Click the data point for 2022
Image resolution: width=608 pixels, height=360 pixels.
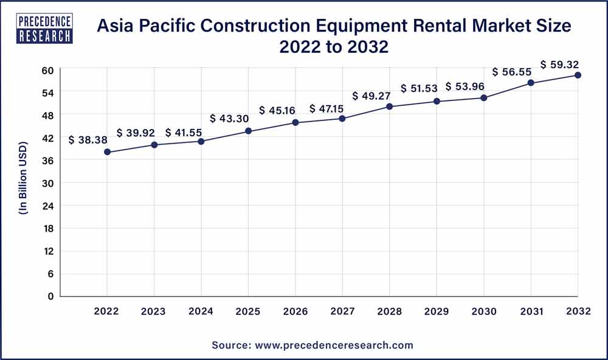(107, 152)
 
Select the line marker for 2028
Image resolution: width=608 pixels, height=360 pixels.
(390, 106)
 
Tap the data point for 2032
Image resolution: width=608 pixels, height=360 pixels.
(578, 75)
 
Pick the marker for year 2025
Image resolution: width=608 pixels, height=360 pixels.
(249, 131)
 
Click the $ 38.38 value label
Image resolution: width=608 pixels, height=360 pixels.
(88, 140)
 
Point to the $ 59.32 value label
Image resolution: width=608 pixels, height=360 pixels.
(561, 63)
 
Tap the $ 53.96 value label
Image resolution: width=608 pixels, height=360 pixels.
(466, 86)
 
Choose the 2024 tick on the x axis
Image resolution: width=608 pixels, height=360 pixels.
(201, 311)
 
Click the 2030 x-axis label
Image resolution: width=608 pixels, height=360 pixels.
(483, 311)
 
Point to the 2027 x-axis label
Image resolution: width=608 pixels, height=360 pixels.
(342, 311)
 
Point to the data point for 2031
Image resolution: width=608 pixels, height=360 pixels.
(531, 83)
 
